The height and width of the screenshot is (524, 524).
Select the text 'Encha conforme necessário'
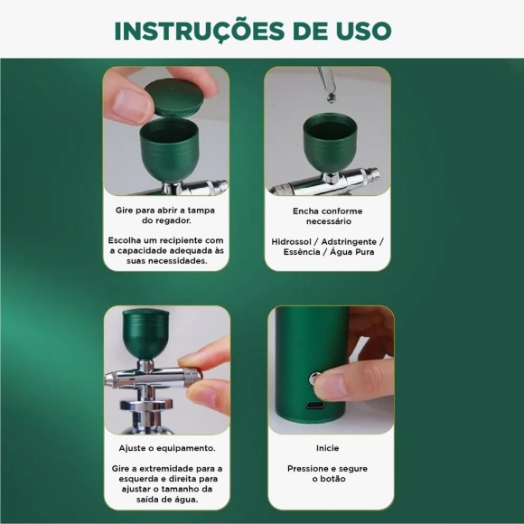coord(327,214)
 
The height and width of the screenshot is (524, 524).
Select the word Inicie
coord(327,448)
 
